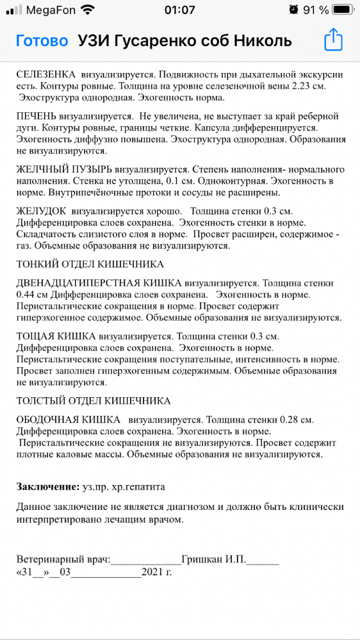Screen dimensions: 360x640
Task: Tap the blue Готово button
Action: (42, 41)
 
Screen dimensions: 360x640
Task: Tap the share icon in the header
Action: (334, 40)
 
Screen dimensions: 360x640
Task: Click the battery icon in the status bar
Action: (343, 10)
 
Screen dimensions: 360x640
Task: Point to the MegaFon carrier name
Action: (51, 10)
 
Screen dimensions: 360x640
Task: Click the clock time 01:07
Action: (179, 10)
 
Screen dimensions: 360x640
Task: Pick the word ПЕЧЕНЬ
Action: (38, 117)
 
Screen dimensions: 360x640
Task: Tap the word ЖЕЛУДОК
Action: (42, 211)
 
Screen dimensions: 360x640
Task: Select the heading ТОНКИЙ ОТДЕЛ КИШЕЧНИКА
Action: (90, 264)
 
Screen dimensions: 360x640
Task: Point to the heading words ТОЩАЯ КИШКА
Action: (56, 336)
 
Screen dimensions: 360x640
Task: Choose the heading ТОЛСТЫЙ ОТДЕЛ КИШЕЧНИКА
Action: (94, 400)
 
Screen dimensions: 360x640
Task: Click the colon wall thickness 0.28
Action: (290, 420)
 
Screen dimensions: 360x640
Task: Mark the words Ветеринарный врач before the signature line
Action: (63, 559)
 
